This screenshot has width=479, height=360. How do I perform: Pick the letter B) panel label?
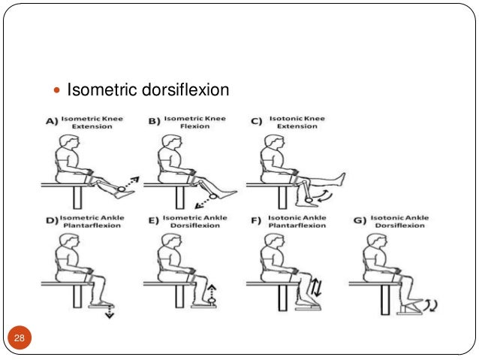153,122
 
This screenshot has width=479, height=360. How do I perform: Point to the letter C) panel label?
255,122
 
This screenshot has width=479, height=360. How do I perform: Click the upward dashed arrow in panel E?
212,292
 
